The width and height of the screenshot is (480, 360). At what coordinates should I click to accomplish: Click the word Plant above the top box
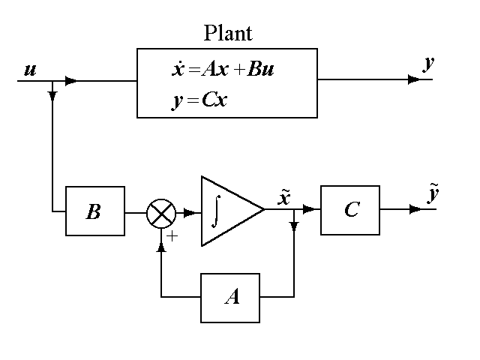[228, 34]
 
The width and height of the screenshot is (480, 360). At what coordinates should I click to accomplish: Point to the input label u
[31, 70]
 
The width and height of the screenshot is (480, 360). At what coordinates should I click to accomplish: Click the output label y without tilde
[428, 63]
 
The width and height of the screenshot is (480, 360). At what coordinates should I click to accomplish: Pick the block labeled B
[94, 212]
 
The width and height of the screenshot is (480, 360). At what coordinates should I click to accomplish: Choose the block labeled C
[350, 210]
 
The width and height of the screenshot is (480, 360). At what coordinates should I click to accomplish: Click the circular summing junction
[160, 213]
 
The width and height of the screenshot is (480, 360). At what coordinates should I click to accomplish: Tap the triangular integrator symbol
[228, 211]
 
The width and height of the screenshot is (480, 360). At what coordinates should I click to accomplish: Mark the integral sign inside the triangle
[215, 211]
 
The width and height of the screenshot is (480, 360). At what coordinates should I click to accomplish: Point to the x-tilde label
[285, 198]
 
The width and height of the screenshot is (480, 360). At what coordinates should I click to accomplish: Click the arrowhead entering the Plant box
[71, 80]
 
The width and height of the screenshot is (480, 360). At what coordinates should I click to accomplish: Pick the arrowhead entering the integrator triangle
[190, 212]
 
